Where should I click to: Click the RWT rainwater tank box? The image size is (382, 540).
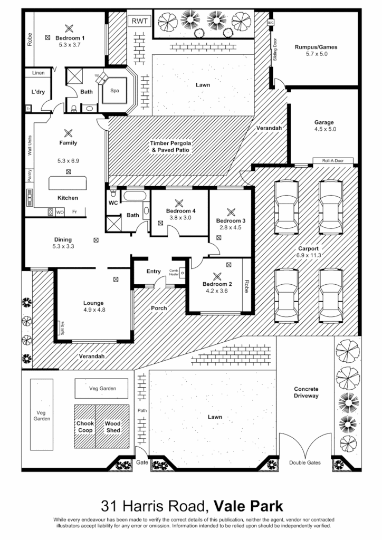[x=139, y=22]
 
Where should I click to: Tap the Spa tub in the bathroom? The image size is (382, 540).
[x=114, y=90]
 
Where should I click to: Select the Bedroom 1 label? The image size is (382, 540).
[x=70, y=38]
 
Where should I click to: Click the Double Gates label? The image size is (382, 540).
[x=305, y=462]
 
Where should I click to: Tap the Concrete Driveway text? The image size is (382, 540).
[x=306, y=392]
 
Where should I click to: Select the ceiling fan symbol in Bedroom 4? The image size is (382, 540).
[x=179, y=202]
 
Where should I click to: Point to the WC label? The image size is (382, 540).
[x=113, y=202]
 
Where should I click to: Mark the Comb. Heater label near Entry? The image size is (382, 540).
[x=174, y=272]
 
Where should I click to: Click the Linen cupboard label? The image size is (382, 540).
[x=39, y=73]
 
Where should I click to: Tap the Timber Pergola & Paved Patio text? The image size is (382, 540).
[x=170, y=146]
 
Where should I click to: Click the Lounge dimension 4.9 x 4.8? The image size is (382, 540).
[x=94, y=310]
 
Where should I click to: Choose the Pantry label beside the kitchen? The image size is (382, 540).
[x=30, y=175]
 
